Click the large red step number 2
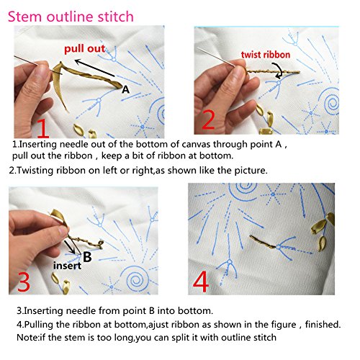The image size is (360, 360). click(209, 119)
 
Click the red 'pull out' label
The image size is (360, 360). click(84, 49)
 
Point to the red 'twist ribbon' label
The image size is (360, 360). click(270, 53)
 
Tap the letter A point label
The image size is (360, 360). click(125, 90)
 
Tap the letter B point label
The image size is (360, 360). click(86, 256)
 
